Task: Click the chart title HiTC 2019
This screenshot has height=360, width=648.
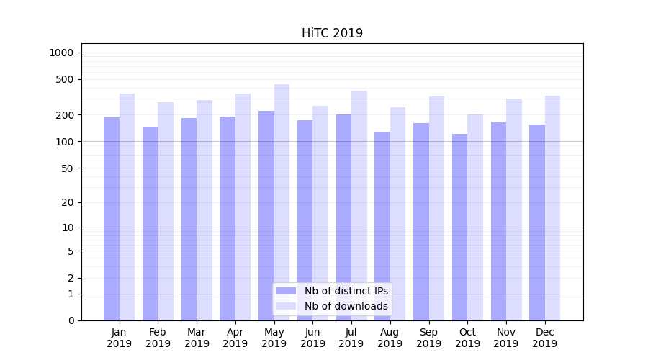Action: [x=332, y=33]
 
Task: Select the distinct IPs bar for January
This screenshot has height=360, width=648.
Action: [x=112, y=216]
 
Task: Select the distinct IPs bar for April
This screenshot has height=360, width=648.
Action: [x=228, y=216]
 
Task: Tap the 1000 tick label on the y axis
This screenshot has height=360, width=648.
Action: [x=61, y=53]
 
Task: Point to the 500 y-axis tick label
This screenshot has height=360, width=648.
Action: [x=64, y=79]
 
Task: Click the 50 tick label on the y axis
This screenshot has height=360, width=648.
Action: [x=66, y=168]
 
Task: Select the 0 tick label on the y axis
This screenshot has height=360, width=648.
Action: [x=71, y=320]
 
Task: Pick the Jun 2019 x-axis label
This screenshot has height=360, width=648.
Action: [x=312, y=338]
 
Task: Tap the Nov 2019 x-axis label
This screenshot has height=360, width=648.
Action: [x=505, y=338]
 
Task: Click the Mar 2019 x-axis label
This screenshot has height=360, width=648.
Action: [x=197, y=338]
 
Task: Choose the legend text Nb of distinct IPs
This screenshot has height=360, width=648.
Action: [x=346, y=291]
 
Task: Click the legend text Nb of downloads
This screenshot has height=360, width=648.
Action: [x=346, y=306]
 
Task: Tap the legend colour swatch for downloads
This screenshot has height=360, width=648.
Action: [x=286, y=306]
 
